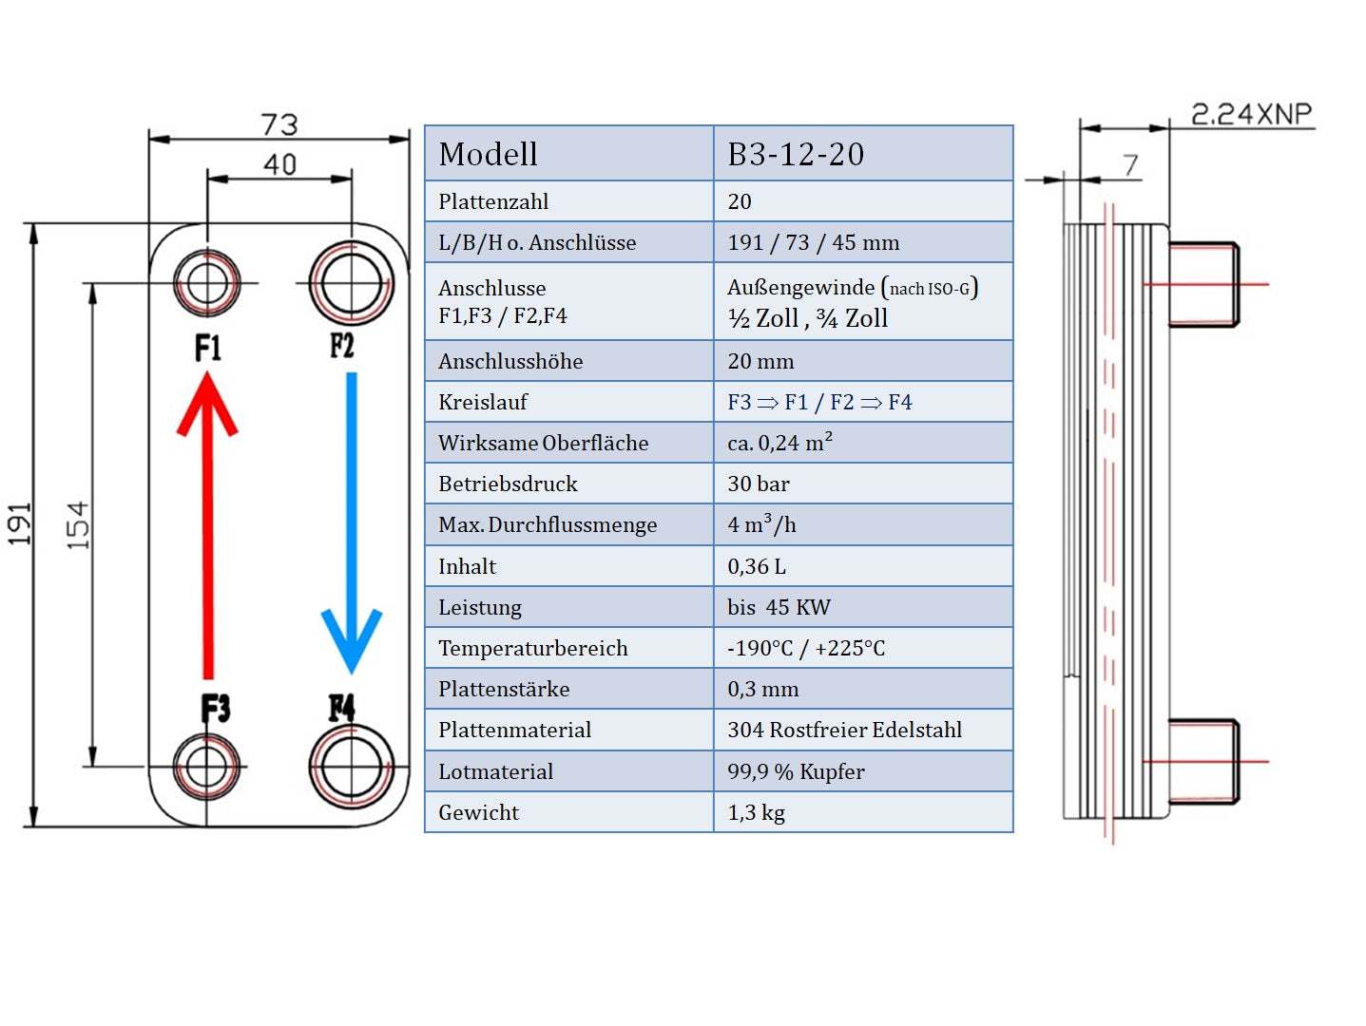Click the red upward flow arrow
(x=207, y=522)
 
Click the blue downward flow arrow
(x=351, y=522)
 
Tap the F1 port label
(x=208, y=348)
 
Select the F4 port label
(x=342, y=708)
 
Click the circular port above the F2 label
(x=351, y=283)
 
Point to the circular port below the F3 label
(x=207, y=766)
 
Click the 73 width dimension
(x=279, y=124)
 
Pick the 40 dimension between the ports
(x=279, y=164)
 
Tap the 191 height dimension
(x=20, y=524)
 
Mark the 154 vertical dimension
(x=78, y=524)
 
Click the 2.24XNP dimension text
(x=1251, y=114)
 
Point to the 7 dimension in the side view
(x=1130, y=165)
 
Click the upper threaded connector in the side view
(x=1202, y=284)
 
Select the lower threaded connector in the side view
(x=1202, y=761)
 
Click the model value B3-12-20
(x=796, y=154)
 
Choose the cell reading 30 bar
(x=759, y=484)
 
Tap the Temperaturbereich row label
(x=532, y=648)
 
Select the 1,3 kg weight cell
(x=757, y=812)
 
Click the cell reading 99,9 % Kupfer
(x=796, y=771)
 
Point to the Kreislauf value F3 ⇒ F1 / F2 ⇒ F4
(x=819, y=402)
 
